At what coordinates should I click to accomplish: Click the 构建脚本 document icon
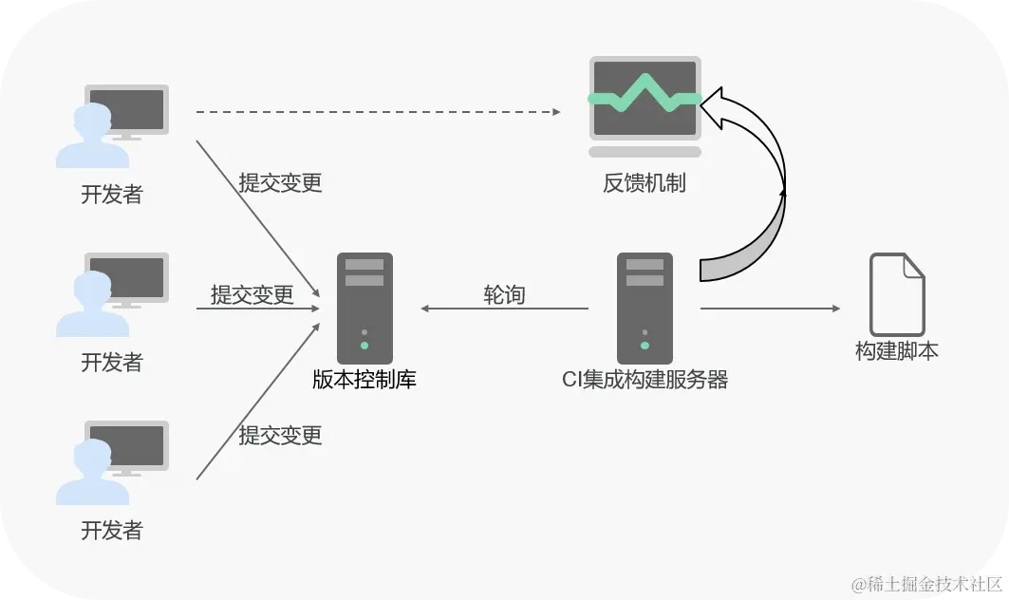click(897, 293)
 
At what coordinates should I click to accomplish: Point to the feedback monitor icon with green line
click(645, 105)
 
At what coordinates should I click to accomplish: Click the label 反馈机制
click(645, 183)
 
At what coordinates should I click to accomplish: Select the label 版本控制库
click(364, 381)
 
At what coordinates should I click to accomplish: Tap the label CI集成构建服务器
click(645, 381)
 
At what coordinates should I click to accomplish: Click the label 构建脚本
click(897, 351)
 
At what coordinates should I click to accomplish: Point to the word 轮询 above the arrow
click(504, 294)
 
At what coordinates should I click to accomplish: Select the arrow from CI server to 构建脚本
click(770, 309)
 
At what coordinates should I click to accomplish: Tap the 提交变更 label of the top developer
click(280, 182)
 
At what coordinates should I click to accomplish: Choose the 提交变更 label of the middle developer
click(252, 294)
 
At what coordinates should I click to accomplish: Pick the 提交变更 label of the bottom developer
click(280, 435)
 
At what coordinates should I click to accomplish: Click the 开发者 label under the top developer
click(112, 195)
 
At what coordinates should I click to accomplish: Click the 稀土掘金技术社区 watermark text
click(926, 583)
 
